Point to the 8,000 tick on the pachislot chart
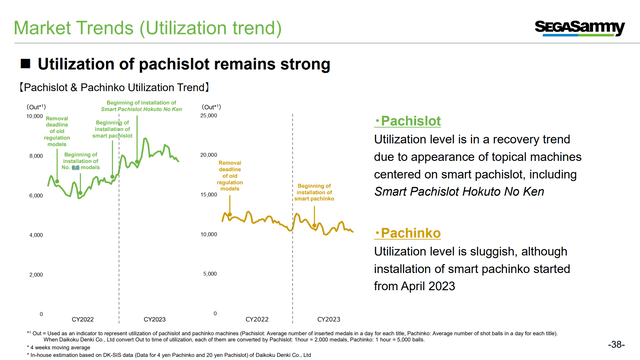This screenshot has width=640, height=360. coord(33,156)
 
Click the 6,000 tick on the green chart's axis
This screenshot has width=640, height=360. coord(33,195)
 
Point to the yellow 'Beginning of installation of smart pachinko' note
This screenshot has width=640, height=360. coord(316,192)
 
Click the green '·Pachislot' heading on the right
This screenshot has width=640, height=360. coord(396,120)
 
